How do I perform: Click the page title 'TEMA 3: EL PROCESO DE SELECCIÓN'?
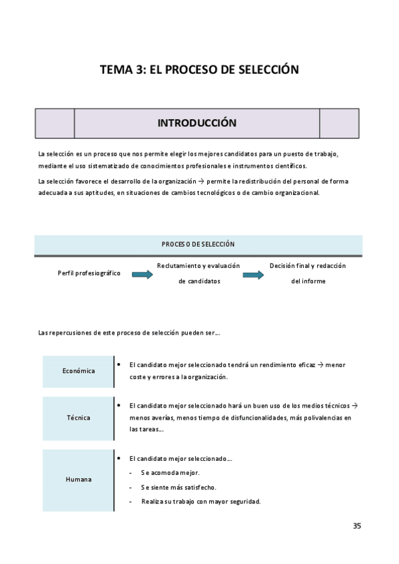coord(199,69)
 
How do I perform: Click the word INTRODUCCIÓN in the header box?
coord(197,123)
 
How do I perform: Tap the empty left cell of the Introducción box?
coord(55,123)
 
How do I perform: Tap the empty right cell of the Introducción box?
coord(339,123)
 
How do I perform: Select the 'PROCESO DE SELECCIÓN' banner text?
coord(198,244)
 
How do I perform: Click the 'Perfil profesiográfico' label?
coord(89,273)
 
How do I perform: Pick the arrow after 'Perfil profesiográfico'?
coord(143,274)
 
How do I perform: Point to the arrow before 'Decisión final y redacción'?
coord(253,274)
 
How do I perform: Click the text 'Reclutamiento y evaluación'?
coord(199,266)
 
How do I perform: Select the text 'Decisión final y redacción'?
coord(308,266)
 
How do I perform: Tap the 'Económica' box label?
coord(79,371)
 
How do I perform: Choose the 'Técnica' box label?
coord(79,418)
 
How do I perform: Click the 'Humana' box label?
coord(79,479)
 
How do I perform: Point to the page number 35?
coord(357,526)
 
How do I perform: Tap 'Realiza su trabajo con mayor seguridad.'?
coord(200,501)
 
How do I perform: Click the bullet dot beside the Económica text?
coord(118,364)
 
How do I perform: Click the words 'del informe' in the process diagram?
coord(308,281)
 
